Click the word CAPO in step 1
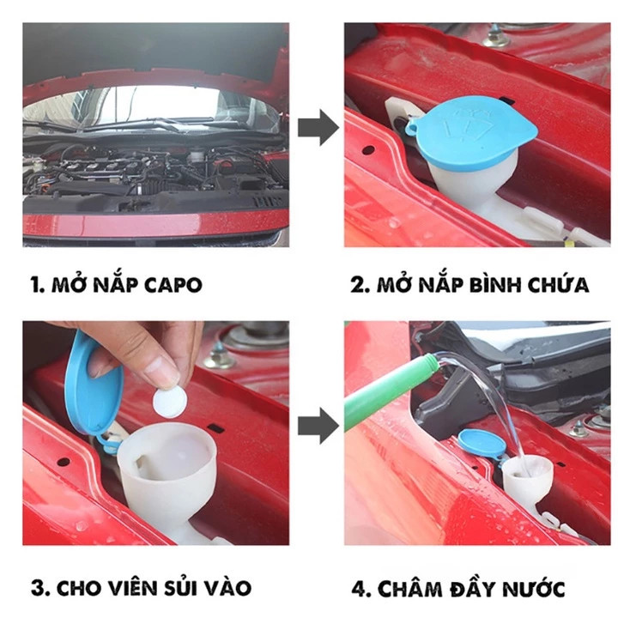coord(173,285)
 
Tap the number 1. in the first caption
coord(37,285)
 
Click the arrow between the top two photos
coord(318,127)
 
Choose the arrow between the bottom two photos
coord(318,426)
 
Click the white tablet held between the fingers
coord(170,402)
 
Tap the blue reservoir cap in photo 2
coord(473,132)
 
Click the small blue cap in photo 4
coord(482,444)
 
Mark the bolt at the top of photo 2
coord(495,37)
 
